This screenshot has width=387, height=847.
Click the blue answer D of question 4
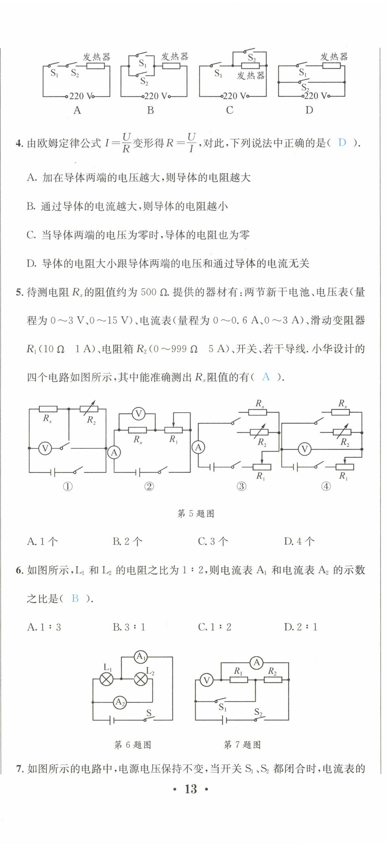point(342,143)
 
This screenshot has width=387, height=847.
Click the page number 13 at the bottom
point(191,789)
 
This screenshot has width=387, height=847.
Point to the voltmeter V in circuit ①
point(45,448)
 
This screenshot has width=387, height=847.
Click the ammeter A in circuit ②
point(114,453)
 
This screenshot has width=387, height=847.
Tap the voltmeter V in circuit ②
point(138,414)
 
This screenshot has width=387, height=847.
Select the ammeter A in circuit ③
point(198,447)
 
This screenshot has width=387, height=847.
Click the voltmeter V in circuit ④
point(305,449)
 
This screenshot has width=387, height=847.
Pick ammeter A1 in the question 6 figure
point(141,657)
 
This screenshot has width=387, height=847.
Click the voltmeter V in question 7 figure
point(207,680)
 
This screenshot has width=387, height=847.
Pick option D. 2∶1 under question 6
point(300,627)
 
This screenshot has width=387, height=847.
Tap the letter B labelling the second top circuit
point(150,110)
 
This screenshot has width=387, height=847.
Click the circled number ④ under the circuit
point(326,486)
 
